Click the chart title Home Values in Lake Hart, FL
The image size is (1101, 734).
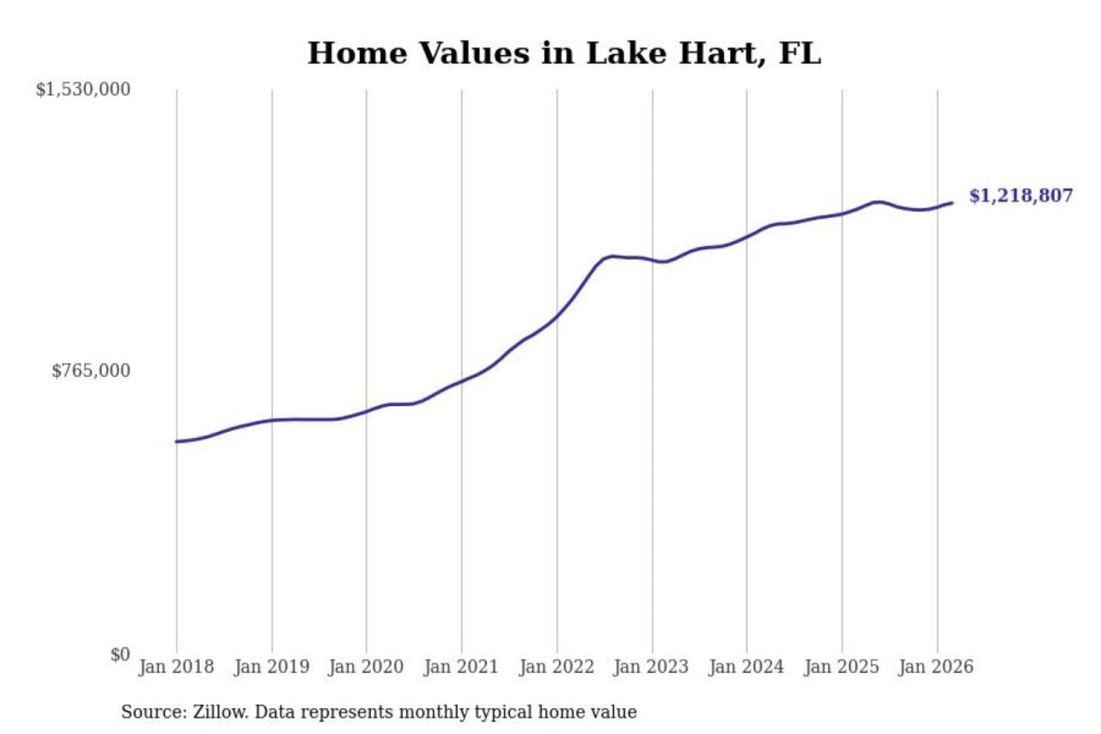pos(564,54)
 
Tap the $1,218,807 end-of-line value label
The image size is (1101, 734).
pos(1021,196)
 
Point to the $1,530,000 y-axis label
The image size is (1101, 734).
pos(83,89)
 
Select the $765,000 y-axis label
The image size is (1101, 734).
pos(90,371)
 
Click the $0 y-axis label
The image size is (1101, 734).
pos(120,654)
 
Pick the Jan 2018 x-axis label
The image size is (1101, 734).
pos(176,667)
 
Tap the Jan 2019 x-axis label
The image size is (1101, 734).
pos(271,667)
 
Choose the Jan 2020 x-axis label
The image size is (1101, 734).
pos(365,667)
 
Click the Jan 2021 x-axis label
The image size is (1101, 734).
pos(461,667)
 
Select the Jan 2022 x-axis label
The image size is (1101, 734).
pos(557,667)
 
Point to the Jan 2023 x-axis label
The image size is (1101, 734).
pos(651,667)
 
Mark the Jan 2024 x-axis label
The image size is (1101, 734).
pos(746,667)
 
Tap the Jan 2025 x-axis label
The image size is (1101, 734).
pos(842,667)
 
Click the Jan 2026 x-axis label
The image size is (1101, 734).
pos(937,667)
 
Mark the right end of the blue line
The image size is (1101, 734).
pos(952,203)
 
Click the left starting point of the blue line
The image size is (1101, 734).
pos(177,441)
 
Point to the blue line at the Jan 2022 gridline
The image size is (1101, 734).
pos(557,316)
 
